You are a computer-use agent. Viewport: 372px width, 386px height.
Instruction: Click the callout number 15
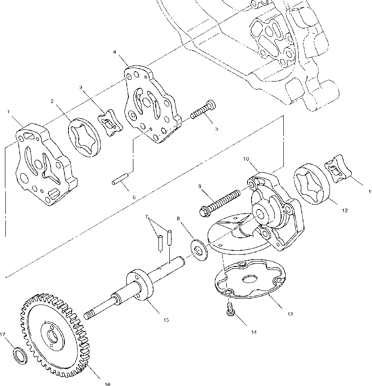point(166,320)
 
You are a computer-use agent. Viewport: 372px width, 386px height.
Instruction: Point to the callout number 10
point(246,159)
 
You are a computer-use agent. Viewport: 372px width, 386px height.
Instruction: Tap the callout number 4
point(115,52)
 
